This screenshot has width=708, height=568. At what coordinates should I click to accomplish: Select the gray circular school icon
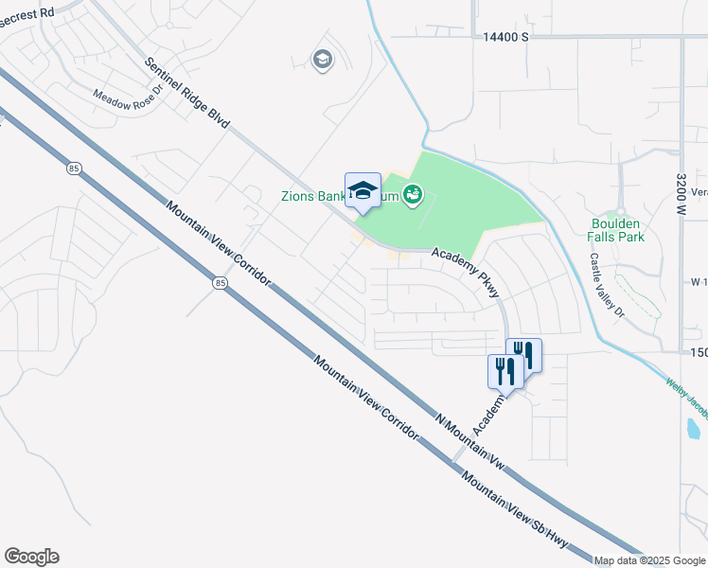pos(322,61)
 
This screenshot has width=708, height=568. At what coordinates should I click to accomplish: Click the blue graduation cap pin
pos(363,191)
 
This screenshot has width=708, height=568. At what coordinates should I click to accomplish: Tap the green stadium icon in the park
pos(413,196)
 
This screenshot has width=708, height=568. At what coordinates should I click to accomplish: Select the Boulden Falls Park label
pos(616,229)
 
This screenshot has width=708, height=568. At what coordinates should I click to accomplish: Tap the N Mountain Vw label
pos(469,442)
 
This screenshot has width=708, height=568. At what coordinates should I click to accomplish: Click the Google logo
pos(31,557)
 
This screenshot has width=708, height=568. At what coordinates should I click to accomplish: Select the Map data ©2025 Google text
pos(650,560)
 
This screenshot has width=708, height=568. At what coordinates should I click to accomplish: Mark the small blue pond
pos(693,428)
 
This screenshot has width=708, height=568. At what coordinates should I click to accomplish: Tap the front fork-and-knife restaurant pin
pos(504,370)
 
